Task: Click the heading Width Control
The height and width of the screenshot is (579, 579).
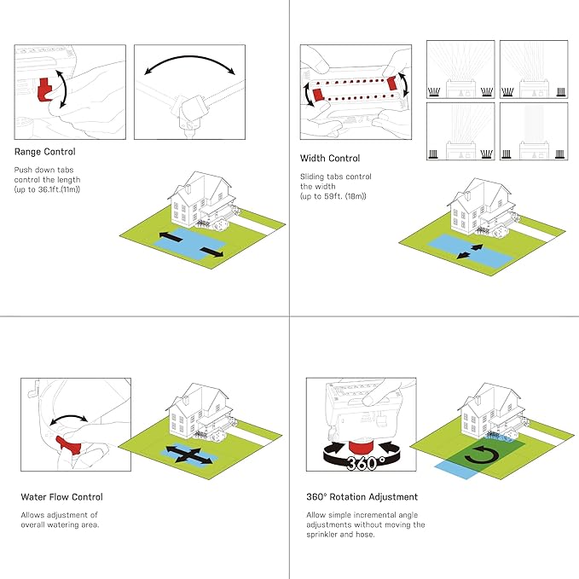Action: click(330, 159)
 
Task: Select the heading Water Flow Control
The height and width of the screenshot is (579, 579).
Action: click(61, 496)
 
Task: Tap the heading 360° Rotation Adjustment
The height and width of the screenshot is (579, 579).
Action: click(362, 496)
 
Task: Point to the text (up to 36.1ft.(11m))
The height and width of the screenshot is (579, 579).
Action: click(47, 189)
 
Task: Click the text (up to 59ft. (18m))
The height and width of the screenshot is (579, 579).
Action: click(333, 197)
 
